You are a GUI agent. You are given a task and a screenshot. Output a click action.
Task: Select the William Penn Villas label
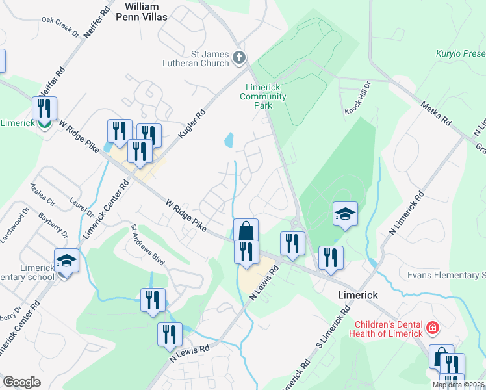tap(146, 11)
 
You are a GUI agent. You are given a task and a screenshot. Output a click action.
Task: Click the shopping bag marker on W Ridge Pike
tap(246, 231)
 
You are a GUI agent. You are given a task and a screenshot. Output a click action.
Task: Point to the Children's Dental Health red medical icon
tap(432, 328)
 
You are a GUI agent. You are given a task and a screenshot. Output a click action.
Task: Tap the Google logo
tap(21, 382)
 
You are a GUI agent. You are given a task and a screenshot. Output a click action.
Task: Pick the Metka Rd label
tap(435, 113)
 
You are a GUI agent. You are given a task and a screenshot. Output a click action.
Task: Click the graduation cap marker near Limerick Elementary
tap(66, 261)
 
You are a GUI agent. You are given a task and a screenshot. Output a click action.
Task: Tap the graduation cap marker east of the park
tap(345, 213)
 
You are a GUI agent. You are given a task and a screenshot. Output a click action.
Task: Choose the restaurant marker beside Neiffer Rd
tap(44, 109)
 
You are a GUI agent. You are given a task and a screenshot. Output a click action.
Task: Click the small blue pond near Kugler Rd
tap(228, 140)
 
